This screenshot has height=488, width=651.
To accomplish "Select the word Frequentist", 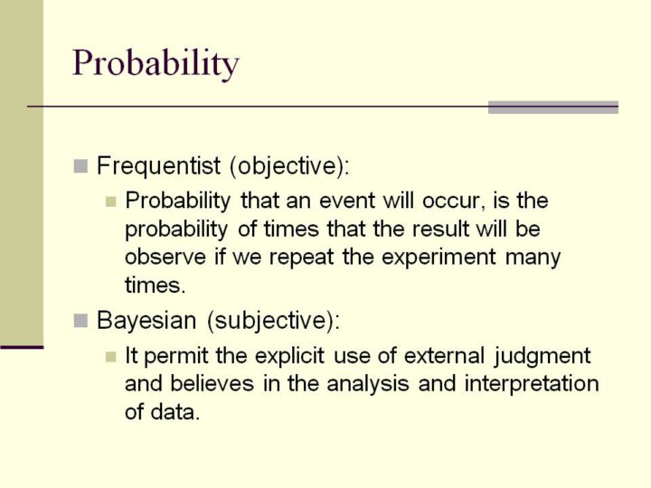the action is pyautogui.click(x=158, y=165).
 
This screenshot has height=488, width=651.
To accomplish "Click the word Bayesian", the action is pyautogui.click(x=146, y=321).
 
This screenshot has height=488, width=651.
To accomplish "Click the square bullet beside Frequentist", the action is pyautogui.click(x=80, y=166).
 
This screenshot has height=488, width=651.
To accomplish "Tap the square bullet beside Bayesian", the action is pyautogui.click(x=80, y=321).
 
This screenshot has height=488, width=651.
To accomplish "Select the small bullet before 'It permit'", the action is pyautogui.click(x=110, y=357).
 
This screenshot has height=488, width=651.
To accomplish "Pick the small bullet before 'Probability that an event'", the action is pyautogui.click(x=110, y=202).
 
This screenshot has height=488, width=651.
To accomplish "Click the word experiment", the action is pyautogui.click(x=439, y=258).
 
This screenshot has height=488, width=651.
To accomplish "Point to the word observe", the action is pyautogui.click(x=165, y=257).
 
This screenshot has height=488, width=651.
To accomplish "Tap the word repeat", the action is pyautogui.click(x=301, y=258).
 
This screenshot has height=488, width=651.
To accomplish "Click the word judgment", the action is pyautogui.click(x=542, y=357).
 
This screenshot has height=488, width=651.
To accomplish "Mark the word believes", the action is pyautogui.click(x=212, y=383).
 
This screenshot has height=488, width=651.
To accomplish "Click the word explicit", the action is pyautogui.click(x=289, y=357).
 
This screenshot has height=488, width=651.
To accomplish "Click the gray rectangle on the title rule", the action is pyautogui.click(x=553, y=108).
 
